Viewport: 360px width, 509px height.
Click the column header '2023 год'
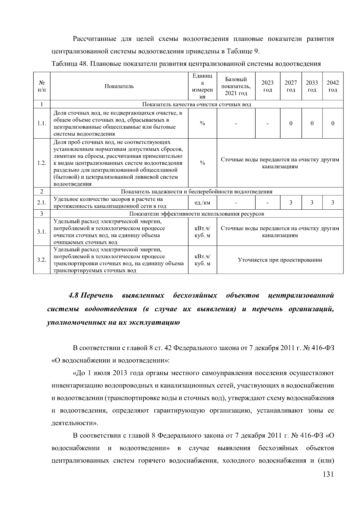coord(267,86)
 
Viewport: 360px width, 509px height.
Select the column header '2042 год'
coord(333,86)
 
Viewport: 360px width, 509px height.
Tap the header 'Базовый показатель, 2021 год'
coord(236,86)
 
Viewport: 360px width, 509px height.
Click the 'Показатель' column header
coord(119,86)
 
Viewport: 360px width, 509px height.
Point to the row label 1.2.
coord(42,163)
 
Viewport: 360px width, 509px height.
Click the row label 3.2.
coord(42,260)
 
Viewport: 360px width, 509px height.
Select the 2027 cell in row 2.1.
coord(291,203)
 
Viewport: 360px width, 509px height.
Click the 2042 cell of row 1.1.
coord(333,123)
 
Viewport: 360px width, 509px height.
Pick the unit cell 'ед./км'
coord(202,203)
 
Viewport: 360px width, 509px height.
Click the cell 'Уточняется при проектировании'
coord(280,260)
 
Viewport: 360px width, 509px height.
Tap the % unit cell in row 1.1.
coord(202,123)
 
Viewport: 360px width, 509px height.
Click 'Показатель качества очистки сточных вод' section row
coord(196,104)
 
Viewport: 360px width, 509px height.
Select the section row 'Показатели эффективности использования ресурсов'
coord(196,214)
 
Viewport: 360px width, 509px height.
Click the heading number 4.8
coord(73,296)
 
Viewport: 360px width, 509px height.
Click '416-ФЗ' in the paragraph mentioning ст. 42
coord(321,348)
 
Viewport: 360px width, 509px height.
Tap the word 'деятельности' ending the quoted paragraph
coord(73,423)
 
